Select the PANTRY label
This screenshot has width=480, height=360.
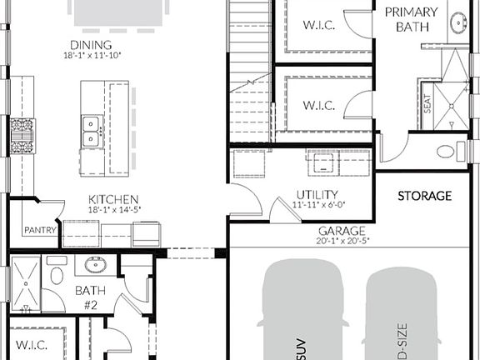point(39,230)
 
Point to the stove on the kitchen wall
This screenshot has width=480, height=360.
point(22,135)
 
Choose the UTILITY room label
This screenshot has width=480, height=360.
point(317,195)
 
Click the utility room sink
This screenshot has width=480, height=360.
point(322,162)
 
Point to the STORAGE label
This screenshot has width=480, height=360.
point(424,196)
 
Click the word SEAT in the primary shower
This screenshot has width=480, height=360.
point(427,104)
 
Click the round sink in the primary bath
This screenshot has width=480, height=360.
point(459,23)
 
